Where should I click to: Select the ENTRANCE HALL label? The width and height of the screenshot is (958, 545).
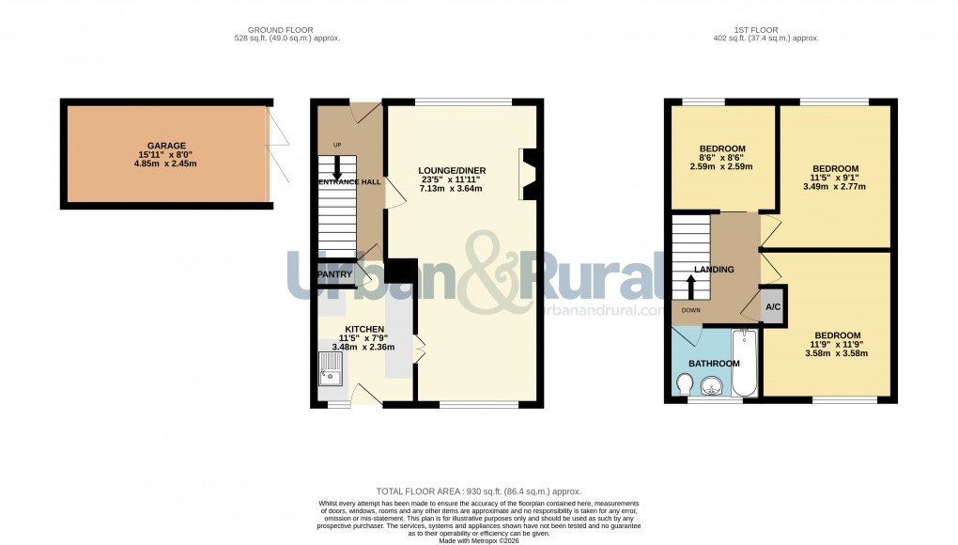tap(349, 181)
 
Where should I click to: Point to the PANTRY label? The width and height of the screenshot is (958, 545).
tap(334, 274)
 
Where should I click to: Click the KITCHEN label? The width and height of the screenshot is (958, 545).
tap(364, 329)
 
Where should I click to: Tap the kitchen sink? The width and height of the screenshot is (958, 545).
tap(331, 368)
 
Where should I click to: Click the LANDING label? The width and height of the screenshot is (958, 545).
tap(714, 271)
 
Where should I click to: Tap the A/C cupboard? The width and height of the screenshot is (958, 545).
tap(772, 307)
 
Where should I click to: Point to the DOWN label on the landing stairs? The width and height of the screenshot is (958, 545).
tap(690, 310)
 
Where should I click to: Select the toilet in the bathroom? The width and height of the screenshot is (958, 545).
tap(685, 383)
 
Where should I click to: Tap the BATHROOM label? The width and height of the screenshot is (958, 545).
tap(714, 364)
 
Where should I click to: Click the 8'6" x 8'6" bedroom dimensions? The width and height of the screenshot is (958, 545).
tap(721, 158)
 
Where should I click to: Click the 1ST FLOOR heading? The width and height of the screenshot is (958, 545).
tap(765, 30)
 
